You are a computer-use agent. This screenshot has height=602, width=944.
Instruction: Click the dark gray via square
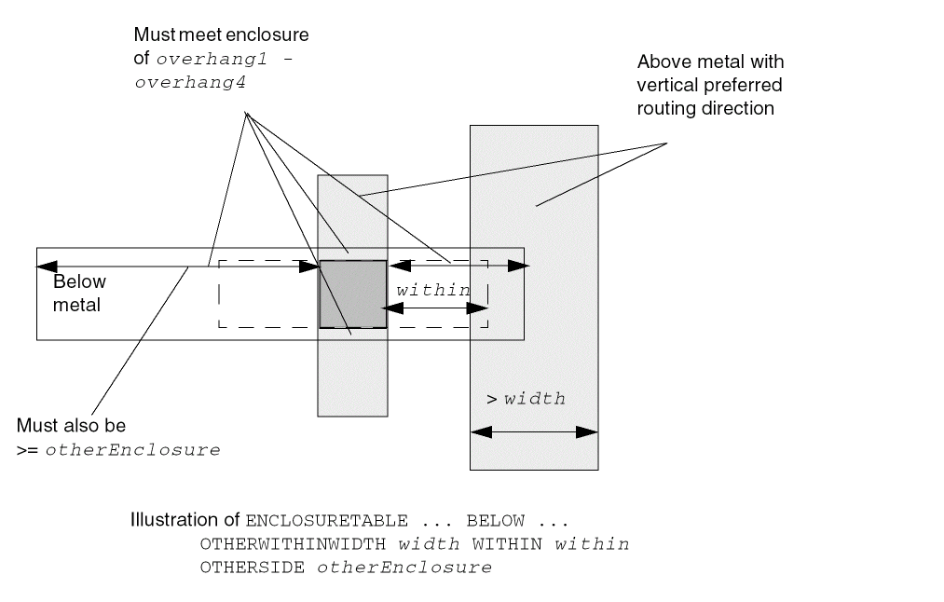click(x=352, y=294)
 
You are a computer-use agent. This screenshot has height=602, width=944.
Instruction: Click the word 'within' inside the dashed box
click(x=433, y=290)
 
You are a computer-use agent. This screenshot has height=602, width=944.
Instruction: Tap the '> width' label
click(x=526, y=399)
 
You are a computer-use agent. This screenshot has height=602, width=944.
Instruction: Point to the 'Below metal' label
click(x=78, y=292)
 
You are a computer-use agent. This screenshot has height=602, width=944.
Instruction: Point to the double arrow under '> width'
click(x=534, y=432)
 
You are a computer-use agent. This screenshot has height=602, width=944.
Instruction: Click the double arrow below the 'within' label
click(x=434, y=307)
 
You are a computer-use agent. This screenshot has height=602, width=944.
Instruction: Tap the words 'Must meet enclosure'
click(x=221, y=35)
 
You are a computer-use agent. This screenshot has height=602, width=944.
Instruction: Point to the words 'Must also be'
click(x=72, y=426)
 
